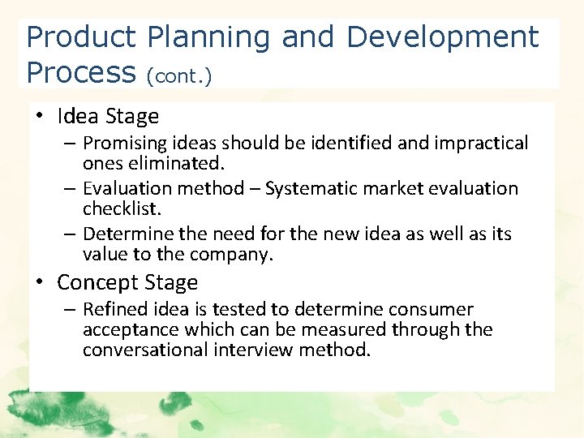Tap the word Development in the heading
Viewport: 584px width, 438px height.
click(442, 37)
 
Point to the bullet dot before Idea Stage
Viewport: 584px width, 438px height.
click(40, 117)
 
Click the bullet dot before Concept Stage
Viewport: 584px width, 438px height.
click(40, 283)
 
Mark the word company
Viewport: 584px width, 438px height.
click(234, 255)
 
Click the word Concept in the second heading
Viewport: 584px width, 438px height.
click(91, 283)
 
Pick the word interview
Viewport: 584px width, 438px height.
click(262, 350)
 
